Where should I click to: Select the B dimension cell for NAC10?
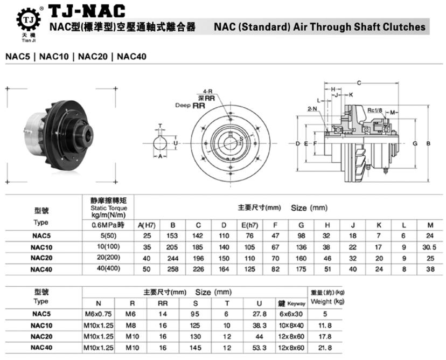tap(173, 247)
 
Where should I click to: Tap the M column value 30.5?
tap(429, 247)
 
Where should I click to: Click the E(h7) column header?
tap(249, 225)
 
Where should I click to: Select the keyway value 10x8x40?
tap(291, 326)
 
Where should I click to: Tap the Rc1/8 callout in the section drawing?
tap(375, 110)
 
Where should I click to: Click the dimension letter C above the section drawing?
tap(359, 82)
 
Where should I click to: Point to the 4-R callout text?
tap(207, 92)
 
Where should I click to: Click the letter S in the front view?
tap(241, 139)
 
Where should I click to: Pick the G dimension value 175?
tap(301, 268)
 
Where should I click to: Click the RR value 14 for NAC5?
tap(163, 313)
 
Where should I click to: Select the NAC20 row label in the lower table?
tap(41, 337)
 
